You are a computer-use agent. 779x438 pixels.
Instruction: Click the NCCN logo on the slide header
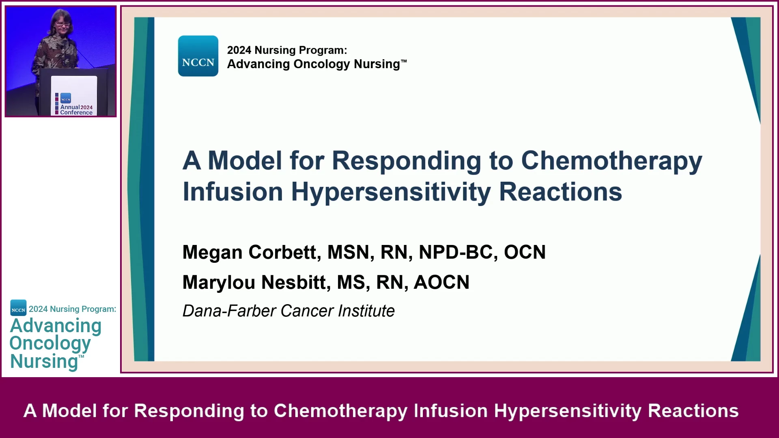point(198,56)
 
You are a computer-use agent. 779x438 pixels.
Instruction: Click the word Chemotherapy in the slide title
point(611,161)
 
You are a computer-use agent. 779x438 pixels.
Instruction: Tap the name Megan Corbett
point(249,252)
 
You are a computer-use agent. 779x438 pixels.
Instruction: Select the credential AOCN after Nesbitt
point(441,282)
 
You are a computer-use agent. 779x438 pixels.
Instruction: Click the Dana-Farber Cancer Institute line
point(288,311)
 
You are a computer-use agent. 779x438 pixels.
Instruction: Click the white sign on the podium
point(74,96)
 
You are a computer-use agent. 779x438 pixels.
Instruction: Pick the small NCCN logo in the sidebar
point(18,308)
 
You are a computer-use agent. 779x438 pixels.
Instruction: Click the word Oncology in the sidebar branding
point(50,344)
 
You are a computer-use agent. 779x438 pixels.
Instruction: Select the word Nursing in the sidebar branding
point(44,361)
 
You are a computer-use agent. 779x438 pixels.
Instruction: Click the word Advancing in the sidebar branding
point(56,326)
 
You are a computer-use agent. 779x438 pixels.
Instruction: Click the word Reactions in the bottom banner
point(693,411)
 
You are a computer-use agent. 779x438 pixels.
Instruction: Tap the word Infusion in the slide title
point(233,192)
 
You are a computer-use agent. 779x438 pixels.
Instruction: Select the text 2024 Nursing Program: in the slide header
point(287,50)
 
